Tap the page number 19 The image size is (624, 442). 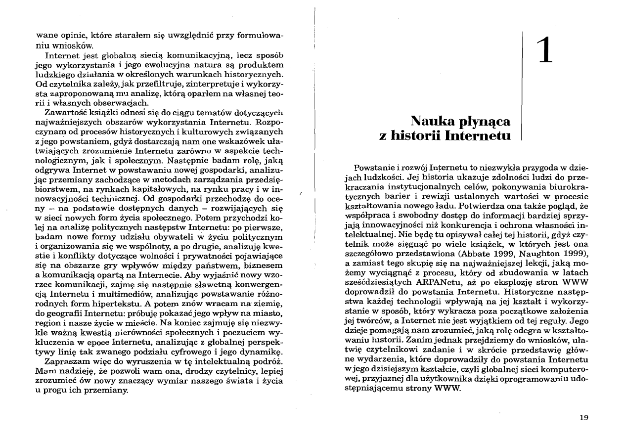point(583,418)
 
